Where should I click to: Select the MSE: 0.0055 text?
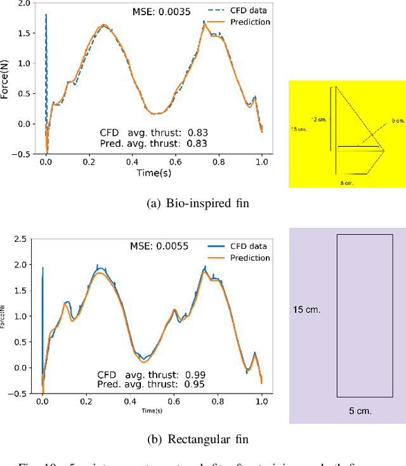(x=159, y=246)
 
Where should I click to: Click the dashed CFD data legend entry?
(x=238, y=11)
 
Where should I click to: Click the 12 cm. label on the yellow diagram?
(x=318, y=119)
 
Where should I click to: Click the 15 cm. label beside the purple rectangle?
(x=306, y=310)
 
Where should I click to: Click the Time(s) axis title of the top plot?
(x=152, y=172)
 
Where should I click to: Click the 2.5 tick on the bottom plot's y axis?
(x=21, y=239)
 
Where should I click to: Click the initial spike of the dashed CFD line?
(x=46, y=15)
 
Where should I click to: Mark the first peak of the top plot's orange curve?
(x=104, y=25)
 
